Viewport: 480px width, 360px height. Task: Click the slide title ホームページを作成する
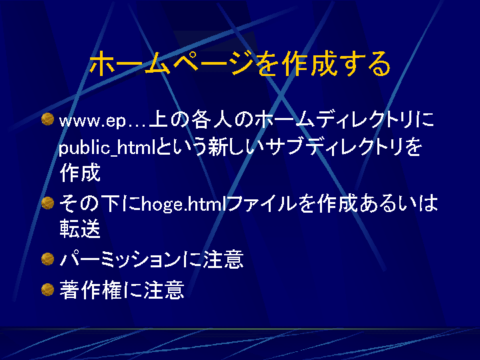point(240,64)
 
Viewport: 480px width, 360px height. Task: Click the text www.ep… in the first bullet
point(103,120)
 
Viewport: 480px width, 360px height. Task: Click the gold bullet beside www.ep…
point(47,119)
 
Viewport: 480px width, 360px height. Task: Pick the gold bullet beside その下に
point(47,203)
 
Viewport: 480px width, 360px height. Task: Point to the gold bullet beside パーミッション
point(47,259)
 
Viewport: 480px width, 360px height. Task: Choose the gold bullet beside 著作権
point(47,289)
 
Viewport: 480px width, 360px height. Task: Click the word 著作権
point(91,289)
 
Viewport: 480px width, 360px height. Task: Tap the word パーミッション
point(121,259)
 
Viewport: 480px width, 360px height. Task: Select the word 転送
point(80,229)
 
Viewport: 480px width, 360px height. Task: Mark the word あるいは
point(399,203)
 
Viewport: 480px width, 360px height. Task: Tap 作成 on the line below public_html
point(80,173)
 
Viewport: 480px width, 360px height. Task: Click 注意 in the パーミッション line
point(223,259)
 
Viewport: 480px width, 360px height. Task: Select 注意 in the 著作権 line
point(164,289)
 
